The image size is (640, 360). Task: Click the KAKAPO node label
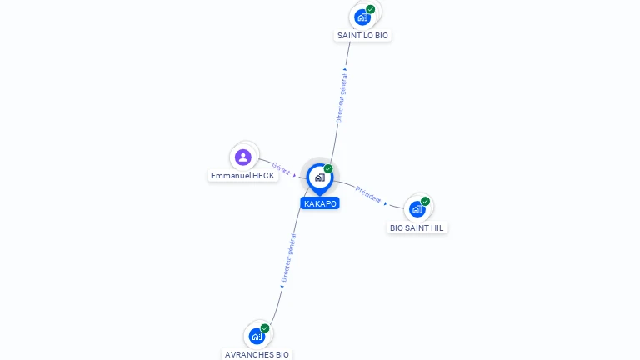pyautogui.click(x=320, y=203)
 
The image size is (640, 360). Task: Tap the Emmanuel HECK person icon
pyautogui.click(x=242, y=157)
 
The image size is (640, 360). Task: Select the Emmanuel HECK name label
pyautogui.click(x=242, y=176)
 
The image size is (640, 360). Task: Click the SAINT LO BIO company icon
pyautogui.click(x=362, y=17)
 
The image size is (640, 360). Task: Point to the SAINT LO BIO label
pyautogui.click(x=362, y=36)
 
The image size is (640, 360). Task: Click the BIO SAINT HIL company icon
pyautogui.click(x=417, y=209)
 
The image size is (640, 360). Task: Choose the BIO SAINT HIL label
pyautogui.click(x=417, y=228)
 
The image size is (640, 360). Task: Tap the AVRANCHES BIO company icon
pyautogui.click(x=257, y=337)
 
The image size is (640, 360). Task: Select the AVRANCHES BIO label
pyautogui.click(x=257, y=355)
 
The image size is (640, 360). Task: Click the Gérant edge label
pyautogui.click(x=281, y=168)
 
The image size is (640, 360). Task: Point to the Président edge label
pyautogui.click(x=368, y=194)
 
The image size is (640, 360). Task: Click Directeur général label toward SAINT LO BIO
pyautogui.click(x=341, y=98)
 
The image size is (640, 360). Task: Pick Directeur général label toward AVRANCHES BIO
pyautogui.click(x=288, y=258)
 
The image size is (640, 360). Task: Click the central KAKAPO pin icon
pyautogui.click(x=320, y=178)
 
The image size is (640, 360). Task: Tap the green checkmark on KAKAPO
pyautogui.click(x=328, y=168)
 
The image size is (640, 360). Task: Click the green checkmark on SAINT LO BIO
pyautogui.click(x=370, y=9)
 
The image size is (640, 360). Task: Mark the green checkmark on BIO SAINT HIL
pyautogui.click(x=425, y=201)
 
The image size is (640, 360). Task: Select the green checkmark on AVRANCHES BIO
pyautogui.click(x=265, y=328)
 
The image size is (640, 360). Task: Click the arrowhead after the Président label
pyautogui.click(x=385, y=203)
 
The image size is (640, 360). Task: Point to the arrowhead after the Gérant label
pyautogui.click(x=295, y=176)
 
